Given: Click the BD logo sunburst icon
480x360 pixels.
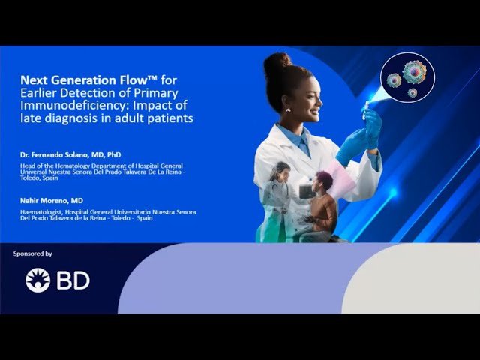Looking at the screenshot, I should click(x=37, y=280).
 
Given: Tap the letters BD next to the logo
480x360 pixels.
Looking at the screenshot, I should click(x=72, y=280).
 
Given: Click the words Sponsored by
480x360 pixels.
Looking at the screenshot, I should click(x=33, y=253).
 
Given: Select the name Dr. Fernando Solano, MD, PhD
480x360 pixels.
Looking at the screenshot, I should click(x=71, y=154).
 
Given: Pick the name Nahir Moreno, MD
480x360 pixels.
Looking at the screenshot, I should click(x=52, y=201).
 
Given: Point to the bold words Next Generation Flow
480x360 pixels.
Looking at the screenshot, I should click(x=72, y=78).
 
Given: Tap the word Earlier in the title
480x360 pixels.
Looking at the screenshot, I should click(x=38, y=91).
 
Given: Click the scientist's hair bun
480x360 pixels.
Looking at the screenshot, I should click(x=277, y=61).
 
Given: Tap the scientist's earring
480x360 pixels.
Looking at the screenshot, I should click(x=287, y=109).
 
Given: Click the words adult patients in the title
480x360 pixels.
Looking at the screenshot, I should click(x=162, y=118).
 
